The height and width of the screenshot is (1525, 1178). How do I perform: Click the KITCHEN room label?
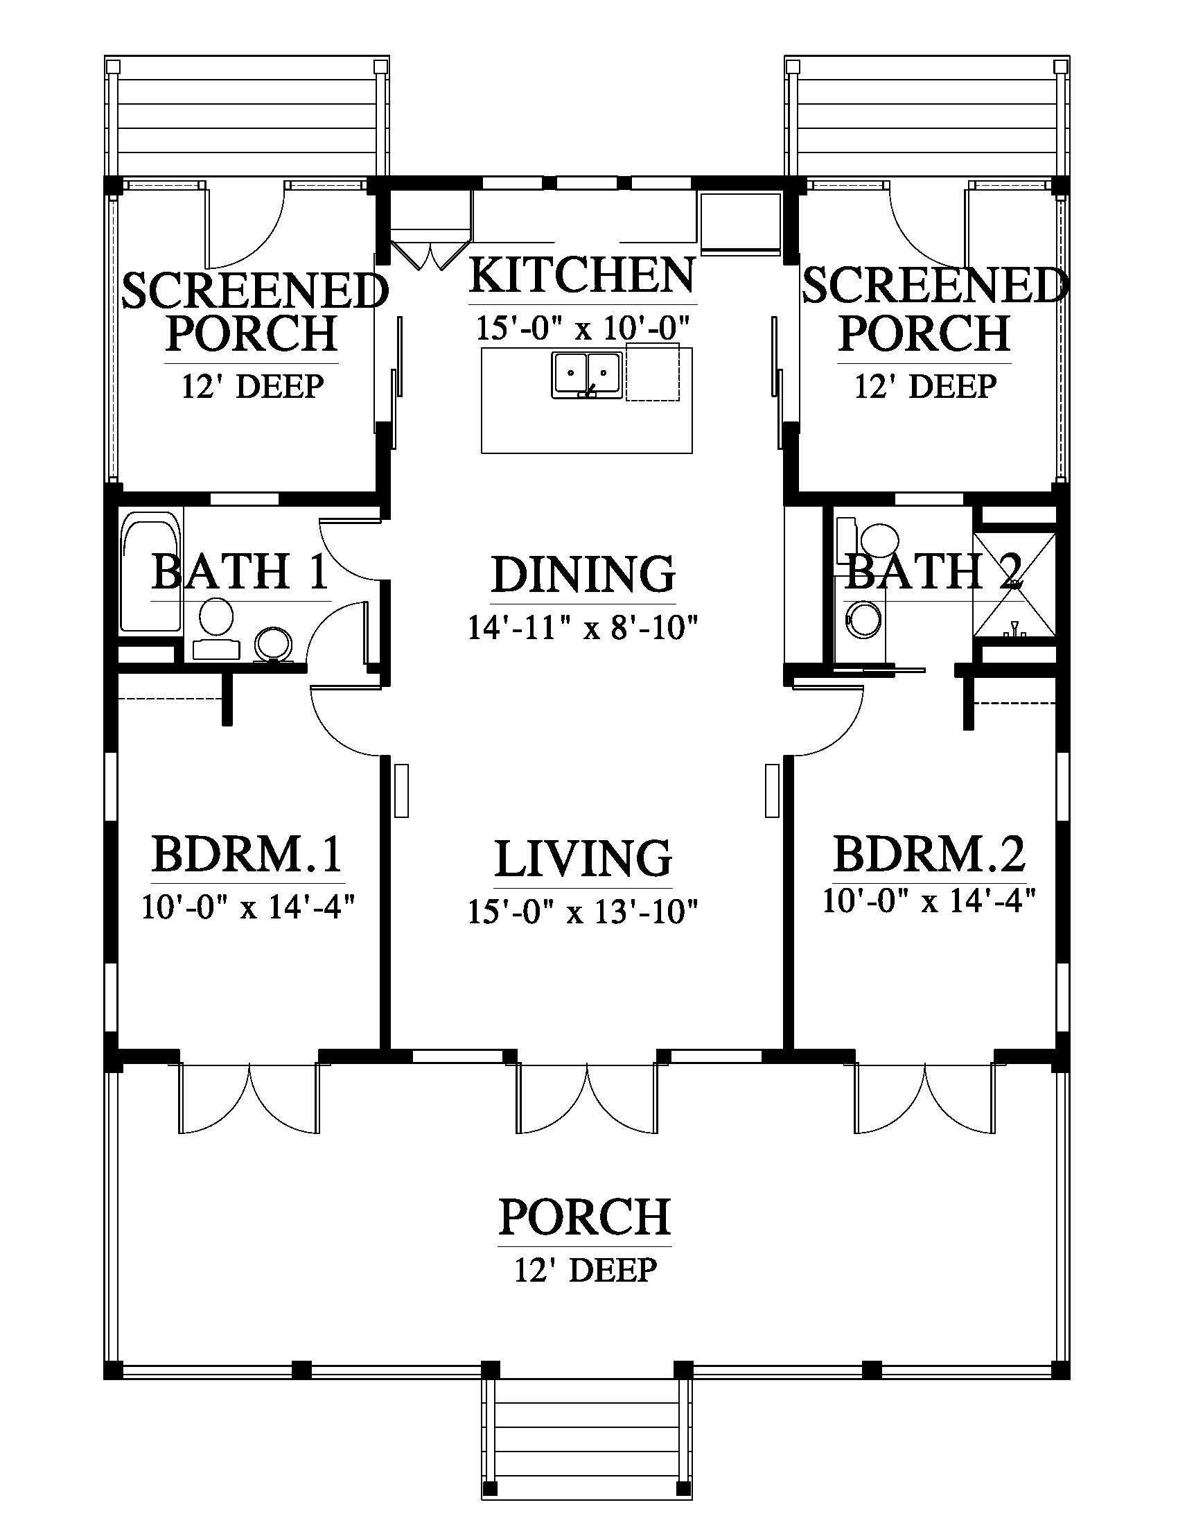pyautogui.click(x=582, y=275)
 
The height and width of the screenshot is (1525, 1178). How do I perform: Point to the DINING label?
pyautogui.click(x=583, y=574)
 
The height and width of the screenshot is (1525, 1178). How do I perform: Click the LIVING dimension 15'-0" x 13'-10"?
pyautogui.click(x=583, y=912)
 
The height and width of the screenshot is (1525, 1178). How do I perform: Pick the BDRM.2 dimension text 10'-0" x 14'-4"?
pyautogui.click(x=928, y=900)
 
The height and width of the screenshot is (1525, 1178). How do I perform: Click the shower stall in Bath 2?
pyautogui.click(x=1014, y=584)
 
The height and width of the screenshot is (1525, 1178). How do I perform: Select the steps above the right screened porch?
pyautogui.click(x=927, y=116)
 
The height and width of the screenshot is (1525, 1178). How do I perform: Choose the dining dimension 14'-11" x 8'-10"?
pyautogui.click(x=583, y=627)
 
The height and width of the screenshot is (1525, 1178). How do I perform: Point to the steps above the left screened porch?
pyautogui.click(x=247, y=116)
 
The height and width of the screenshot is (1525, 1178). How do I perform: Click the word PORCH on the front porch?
pyautogui.click(x=585, y=1217)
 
